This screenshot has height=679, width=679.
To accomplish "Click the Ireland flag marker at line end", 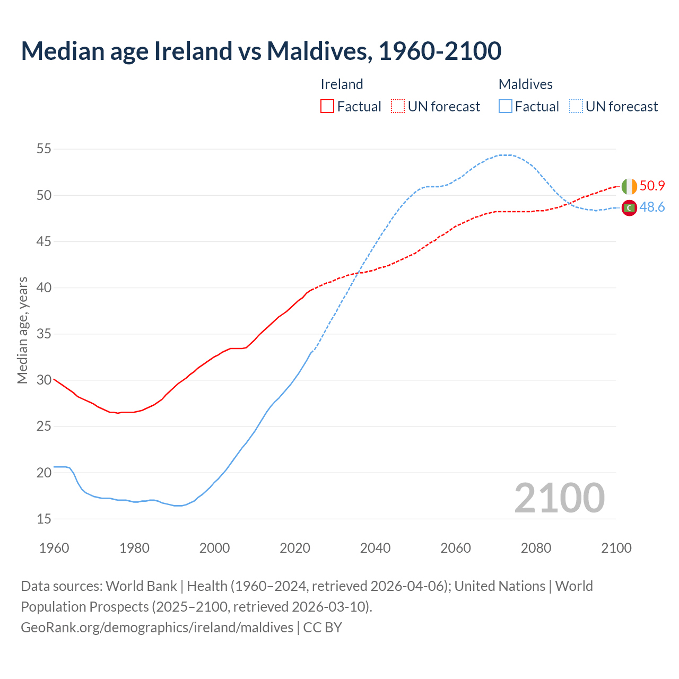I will pyautogui.click(x=629, y=186).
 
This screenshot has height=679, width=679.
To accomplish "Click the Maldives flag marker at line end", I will pyautogui.click(x=629, y=208).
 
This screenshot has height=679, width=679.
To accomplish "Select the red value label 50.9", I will pyautogui.click(x=652, y=186).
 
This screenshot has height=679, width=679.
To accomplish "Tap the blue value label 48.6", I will pyautogui.click(x=652, y=207).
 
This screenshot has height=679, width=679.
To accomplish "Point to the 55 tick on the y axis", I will pyautogui.click(x=43, y=149).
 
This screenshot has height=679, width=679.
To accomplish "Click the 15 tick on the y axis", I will pyautogui.click(x=43, y=519).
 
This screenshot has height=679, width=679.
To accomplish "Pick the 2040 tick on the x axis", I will pyautogui.click(x=375, y=548).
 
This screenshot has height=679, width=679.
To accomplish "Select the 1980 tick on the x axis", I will pyautogui.click(x=134, y=548).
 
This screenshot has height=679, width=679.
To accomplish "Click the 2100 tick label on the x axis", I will pyautogui.click(x=616, y=548).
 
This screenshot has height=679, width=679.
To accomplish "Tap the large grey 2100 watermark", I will pyautogui.click(x=559, y=498).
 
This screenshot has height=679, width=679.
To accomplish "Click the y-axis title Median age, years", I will pyautogui.click(x=22, y=330).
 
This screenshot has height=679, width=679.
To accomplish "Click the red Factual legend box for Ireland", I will pyautogui.click(x=327, y=106).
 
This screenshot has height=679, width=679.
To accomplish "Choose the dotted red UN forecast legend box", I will pyautogui.click(x=398, y=106).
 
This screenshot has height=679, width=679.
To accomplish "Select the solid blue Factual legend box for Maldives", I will pyautogui.click(x=506, y=106).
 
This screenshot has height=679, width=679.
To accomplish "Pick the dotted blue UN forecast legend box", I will pyautogui.click(x=576, y=106).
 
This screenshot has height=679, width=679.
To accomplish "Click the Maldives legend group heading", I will pyautogui.click(x=525, y=84).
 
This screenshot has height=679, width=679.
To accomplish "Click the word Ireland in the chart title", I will pyautogui.click(x=193, y=51).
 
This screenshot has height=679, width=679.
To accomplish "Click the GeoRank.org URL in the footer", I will pyautogui.click(x=157, y=628).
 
